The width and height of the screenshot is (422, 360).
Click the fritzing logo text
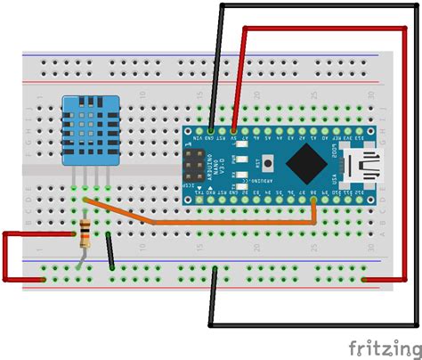[380, 346]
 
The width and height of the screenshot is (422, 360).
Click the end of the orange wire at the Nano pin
[314, 201]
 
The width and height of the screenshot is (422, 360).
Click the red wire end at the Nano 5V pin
[233, 130]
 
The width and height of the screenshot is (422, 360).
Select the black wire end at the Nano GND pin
[210, 130]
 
